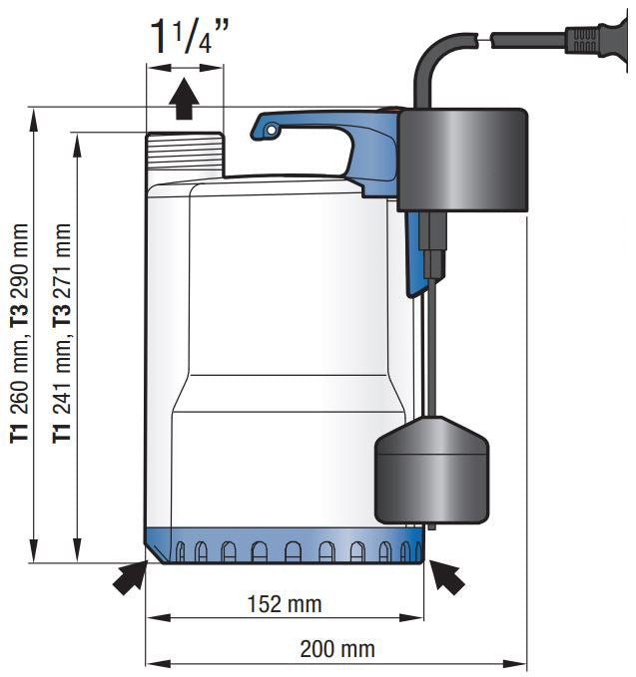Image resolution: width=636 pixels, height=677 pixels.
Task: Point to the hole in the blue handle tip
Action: pos(271,127)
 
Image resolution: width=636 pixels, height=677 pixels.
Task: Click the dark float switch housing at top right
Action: pos(461,160)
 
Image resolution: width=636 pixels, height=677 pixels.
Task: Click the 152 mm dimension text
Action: pos(288,604)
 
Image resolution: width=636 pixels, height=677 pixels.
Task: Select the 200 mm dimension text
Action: pos(337,649)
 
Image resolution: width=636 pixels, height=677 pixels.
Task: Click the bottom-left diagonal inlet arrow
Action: pos(128,577)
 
